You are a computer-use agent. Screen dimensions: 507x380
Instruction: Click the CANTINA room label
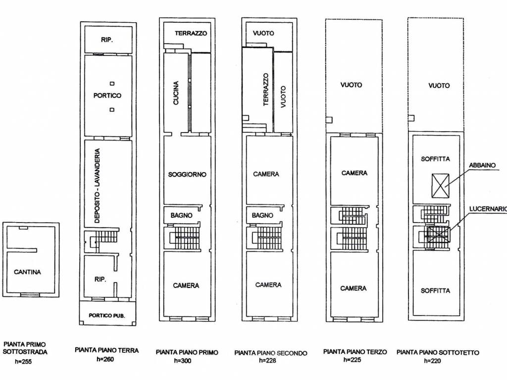28,272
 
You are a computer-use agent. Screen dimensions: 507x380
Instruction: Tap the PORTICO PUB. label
107,315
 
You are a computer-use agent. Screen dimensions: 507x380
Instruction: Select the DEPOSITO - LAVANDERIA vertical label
98,186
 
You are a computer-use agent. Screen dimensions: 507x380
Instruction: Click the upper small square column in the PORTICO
112,84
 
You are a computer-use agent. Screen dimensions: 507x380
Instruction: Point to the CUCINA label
176,93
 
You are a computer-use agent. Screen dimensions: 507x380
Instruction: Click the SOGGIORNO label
187,175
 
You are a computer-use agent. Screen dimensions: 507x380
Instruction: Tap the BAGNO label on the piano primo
181,216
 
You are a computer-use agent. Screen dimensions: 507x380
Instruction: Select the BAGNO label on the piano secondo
262,216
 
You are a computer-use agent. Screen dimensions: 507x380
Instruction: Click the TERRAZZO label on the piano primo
191,33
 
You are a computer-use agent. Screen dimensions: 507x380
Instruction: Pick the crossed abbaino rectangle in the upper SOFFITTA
440,186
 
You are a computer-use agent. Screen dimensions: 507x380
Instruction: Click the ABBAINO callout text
482,165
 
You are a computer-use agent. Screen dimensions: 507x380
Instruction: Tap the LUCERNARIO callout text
488,209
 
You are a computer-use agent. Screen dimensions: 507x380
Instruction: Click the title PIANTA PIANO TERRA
107,350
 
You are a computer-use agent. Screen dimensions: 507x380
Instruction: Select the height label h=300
183,361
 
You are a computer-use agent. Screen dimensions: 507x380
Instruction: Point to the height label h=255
23,362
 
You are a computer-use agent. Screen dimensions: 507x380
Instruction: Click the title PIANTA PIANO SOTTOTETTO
438,352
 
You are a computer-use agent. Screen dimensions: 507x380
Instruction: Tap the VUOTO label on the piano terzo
351,85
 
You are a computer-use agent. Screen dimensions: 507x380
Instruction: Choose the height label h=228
267,361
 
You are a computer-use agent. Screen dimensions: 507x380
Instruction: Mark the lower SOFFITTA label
435,291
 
